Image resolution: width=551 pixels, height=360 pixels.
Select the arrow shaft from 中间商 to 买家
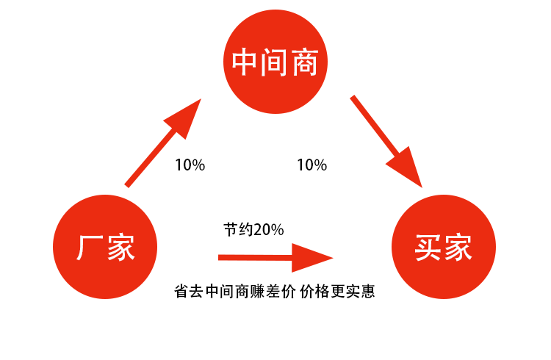click(375, 128)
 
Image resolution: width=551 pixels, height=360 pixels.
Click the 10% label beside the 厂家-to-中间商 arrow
click(190, 165)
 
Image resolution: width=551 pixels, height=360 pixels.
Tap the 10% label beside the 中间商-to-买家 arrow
click(311, 165)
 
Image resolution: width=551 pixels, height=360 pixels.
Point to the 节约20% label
click(253, 229)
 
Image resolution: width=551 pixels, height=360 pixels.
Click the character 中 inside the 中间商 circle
click(245, 63)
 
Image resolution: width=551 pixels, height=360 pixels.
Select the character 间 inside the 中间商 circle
click(275, 63)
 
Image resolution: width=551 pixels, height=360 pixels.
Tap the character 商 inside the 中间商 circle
click(305, 63)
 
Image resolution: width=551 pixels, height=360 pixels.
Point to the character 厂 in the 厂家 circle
click(89, 247)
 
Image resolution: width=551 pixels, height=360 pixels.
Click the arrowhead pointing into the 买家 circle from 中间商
click(408, 168)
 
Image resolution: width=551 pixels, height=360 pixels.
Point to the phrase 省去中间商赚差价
click(233, 292)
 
